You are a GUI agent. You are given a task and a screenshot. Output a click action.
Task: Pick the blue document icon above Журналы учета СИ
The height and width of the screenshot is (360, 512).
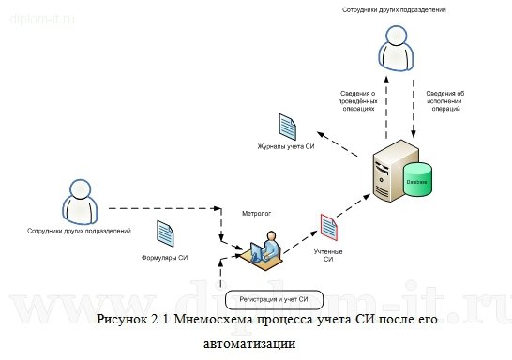click(288, 126)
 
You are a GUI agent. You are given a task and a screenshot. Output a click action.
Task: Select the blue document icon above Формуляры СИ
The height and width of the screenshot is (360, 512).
click(165, 233)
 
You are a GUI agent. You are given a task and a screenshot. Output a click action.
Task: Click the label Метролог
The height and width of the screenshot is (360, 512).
click(256, 213)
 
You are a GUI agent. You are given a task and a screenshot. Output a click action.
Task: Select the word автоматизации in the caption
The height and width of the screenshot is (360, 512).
click(248, 343)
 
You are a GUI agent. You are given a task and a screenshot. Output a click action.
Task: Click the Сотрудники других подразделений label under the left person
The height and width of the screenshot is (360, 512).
click(79, 230)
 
